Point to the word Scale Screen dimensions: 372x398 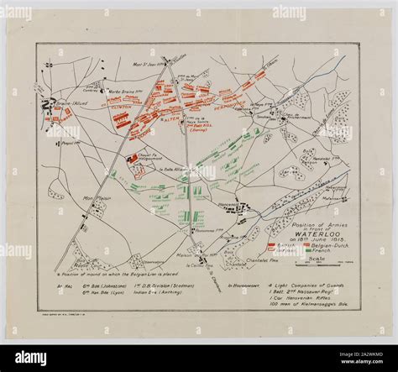click(317, 257)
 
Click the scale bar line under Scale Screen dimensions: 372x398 click(317, 264)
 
